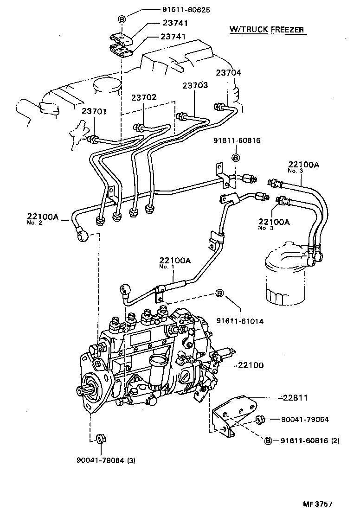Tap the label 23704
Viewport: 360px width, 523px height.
tap(228, 72)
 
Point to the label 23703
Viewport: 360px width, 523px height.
tap(195, 85)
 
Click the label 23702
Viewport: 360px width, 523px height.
tap(144, 97)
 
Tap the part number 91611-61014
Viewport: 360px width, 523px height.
tap(239, 321)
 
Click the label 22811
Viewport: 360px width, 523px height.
tap(296, 397)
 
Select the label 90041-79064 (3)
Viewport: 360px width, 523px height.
tap(106, 460)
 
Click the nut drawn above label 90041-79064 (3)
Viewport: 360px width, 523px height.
tap(99, 439)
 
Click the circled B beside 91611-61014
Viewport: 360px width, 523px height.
tap(219, 293)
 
